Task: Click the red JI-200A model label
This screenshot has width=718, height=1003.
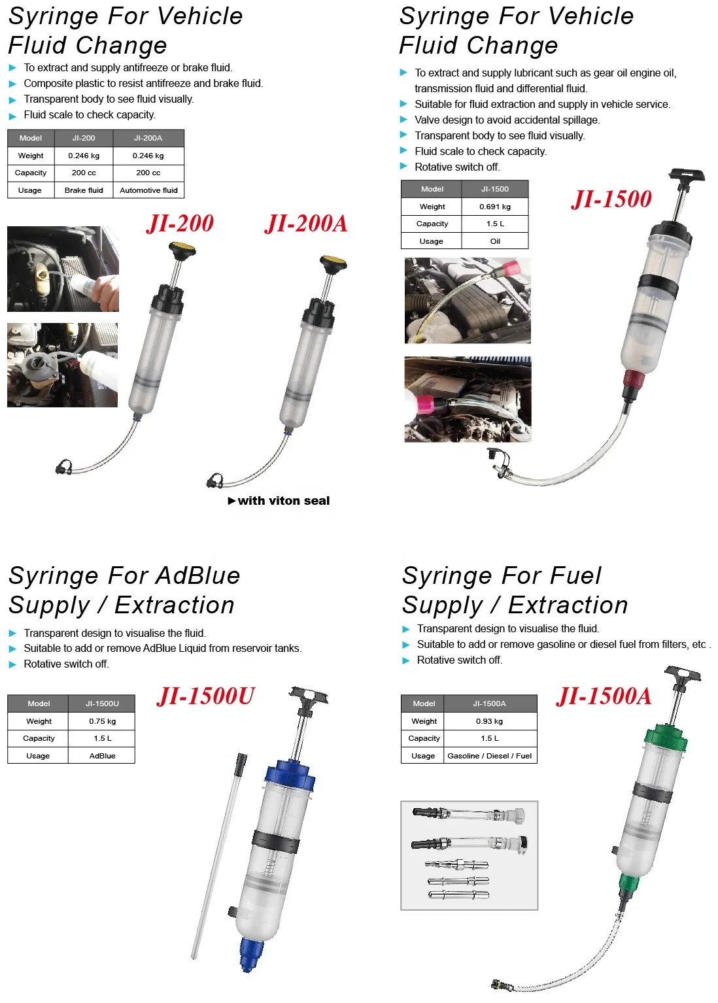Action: (306, 224)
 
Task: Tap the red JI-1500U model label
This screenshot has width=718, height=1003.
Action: (205, 696)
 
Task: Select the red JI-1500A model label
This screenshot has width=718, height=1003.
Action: (604, 696)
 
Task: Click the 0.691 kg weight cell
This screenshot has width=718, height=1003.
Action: (494, 207)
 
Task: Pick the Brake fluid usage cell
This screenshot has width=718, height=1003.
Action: (84, 190)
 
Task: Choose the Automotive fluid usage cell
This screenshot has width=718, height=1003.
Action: (148, 190)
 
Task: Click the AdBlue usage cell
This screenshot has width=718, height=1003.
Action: (102, 756)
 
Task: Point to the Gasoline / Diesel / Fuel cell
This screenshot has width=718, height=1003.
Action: (489, 756)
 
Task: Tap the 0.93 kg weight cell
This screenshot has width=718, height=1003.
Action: (489, 721)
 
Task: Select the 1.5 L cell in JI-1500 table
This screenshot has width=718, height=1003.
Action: (494, 224)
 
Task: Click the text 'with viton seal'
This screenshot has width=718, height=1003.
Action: (283, 501)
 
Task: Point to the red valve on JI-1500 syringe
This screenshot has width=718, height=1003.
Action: (633, 378)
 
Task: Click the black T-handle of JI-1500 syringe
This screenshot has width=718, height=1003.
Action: (686, 175)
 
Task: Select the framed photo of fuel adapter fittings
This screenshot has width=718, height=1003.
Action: (469, 855)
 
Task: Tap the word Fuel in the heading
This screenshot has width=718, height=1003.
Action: (575, 576)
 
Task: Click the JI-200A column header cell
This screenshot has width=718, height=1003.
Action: (148, 138)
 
